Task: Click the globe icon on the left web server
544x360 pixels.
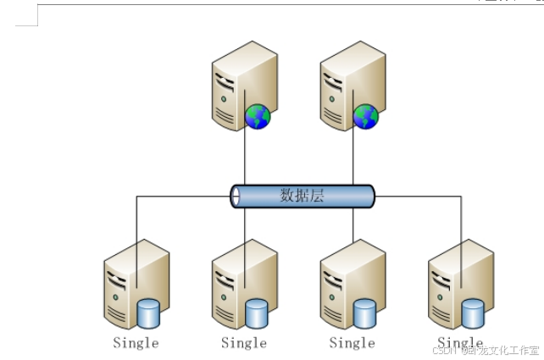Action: [258, 116]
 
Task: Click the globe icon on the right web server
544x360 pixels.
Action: [366, 116]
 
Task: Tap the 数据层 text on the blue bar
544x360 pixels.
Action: [303, 196]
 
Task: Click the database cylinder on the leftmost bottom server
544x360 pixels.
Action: [148, 314]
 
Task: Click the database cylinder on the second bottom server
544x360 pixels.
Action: [257, 314]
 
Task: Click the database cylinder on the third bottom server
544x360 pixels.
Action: [365, 314]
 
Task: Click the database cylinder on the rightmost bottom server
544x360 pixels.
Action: [474, 314]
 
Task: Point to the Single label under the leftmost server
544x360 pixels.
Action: [136, 343]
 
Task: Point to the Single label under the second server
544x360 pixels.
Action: [244, 343]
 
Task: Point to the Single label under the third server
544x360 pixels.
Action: [352, 343]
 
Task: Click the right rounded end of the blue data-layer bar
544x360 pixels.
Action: [370, 197]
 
